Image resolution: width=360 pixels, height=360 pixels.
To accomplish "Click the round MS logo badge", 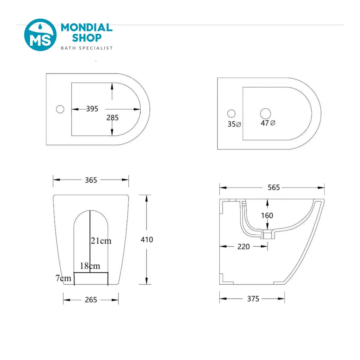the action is (40, 35).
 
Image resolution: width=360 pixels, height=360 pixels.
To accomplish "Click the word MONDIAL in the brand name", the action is (87, 28).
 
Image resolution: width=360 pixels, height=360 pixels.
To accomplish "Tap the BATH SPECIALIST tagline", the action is (87, 48).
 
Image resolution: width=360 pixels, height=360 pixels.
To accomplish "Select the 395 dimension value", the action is (92, 109).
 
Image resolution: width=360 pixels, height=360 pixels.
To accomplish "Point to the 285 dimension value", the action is (112, 118).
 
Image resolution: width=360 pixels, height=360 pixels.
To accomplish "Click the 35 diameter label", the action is (234, 124).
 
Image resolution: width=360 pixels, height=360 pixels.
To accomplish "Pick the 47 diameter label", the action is (268, 123).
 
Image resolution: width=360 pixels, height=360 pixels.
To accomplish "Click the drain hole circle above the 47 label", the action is (265, 114).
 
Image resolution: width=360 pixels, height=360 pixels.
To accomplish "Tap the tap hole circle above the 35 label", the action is (231, 114).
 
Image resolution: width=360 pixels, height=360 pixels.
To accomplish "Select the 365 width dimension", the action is (91, 180).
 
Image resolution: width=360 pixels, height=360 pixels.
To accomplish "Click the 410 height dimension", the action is (147, 239).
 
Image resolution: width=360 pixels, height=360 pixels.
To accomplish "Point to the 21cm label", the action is (101, 241).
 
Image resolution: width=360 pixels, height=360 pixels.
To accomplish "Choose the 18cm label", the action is (90, 266).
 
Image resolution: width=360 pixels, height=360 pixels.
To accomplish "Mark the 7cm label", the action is (63, 278).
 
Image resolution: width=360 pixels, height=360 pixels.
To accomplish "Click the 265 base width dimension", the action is (91, 300).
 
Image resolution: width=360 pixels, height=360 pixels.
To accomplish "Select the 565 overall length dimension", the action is (274, 187).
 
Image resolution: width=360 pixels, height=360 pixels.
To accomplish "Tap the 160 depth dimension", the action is (267, 216).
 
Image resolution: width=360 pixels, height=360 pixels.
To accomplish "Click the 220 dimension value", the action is (244, 247).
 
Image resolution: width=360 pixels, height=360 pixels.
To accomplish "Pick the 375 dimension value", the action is (253, 299).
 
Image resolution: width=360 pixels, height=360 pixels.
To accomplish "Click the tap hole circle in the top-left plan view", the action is (60, 109).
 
